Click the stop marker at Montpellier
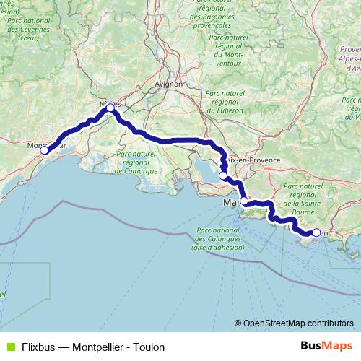tap(44, 150)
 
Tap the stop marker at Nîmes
tap(110, 108)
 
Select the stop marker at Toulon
tap(316, 232)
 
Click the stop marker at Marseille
tap(244, 201)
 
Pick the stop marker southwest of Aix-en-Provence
tap(223, 175)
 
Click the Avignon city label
tap(168, 84)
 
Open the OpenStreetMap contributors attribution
tap(297, 323)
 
